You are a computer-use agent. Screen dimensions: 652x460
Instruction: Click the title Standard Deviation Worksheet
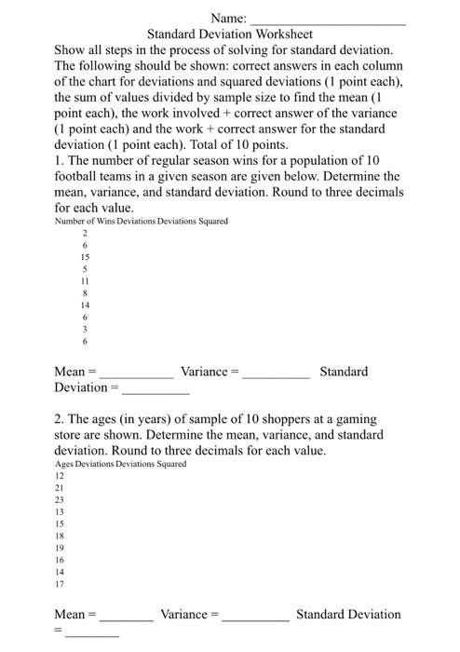click(229, 34)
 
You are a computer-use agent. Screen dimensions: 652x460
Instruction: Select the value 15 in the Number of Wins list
click(85, 256)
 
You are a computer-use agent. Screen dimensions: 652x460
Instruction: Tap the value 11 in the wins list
click(85, 280)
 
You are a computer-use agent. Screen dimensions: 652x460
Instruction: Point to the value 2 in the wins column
click(85, 233)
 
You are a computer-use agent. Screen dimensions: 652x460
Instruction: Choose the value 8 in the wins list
click(85, 292)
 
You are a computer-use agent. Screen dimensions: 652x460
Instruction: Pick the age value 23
click(61, 499)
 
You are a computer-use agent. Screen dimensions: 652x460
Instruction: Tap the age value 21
click(61, 487)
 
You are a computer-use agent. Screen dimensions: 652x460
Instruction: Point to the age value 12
click(61, 475)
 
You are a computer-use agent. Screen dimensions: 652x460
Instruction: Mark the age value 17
click(61, 585)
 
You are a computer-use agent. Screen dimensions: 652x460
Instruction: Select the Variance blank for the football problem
click(276, 374)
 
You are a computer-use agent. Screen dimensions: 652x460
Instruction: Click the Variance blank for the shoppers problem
click(256, 618)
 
